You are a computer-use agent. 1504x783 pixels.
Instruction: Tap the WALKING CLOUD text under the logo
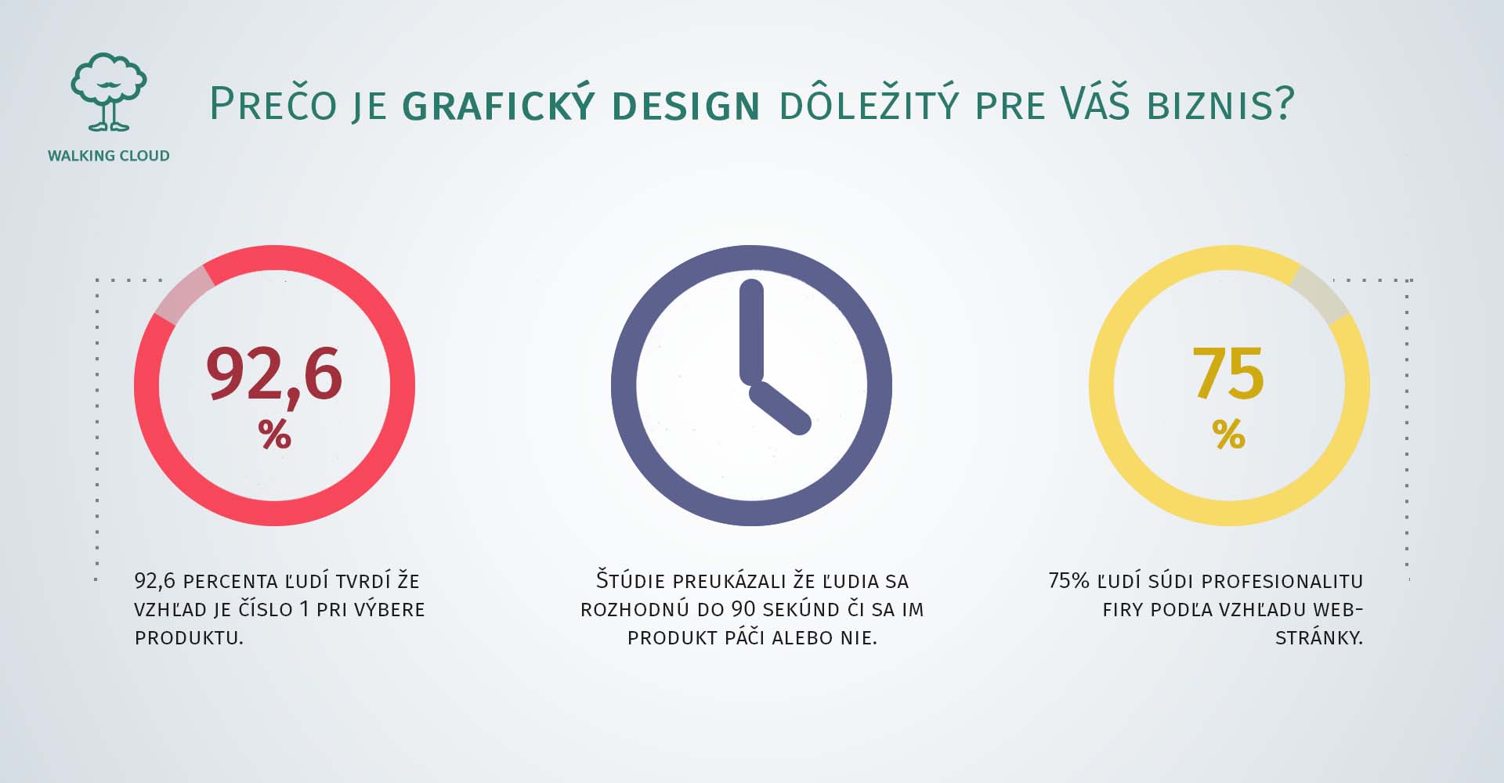tap(108, 156)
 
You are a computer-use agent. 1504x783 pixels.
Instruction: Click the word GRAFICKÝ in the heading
tap(498, 104)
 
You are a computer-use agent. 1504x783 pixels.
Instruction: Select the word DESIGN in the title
tap(685, 106)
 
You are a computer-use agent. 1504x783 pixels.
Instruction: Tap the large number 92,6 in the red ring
tap(274, 375)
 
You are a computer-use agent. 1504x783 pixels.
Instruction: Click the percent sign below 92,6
tap(275, 434)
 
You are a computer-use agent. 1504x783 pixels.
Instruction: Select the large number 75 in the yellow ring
tap(1228, 373)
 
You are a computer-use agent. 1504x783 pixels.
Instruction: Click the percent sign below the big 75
tap(1229, 434)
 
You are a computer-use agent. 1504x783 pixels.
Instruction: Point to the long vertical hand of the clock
tap(751, 331)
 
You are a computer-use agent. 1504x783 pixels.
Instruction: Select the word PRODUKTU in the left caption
tap(189, 638)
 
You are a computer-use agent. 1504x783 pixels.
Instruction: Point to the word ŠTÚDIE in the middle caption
tap(631, 580)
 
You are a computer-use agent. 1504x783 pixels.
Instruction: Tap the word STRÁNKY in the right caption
tap(1319, 637)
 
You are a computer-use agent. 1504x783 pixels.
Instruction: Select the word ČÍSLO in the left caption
tap(262, 608)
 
